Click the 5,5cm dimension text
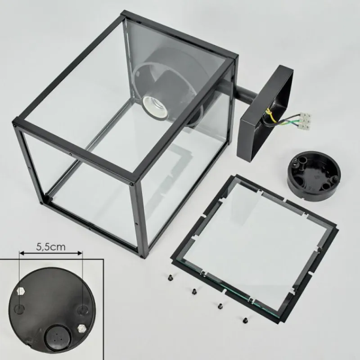[51, 247]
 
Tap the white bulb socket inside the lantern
[154, 108]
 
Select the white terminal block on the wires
[305, 121]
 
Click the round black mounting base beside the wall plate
[314, 175]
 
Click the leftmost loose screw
[171, 278]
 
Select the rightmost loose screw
[245, 320]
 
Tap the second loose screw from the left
[194, 291]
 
